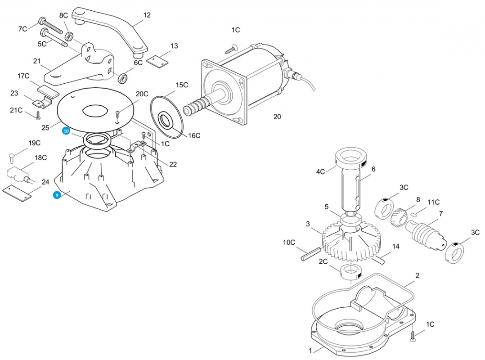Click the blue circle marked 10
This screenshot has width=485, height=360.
click(66, 131)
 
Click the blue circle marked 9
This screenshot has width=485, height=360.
click(57, 195)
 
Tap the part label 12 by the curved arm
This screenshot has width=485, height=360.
click(147, 15)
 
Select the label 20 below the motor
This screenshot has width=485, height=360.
click(277, 117)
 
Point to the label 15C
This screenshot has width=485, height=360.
click(182, 85)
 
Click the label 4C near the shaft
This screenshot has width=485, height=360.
click(320, 171)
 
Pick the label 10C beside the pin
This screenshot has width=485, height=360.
click(289, 242)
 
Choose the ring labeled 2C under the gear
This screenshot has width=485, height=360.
click(351, 272)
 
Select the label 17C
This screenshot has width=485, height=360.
click(24, 76)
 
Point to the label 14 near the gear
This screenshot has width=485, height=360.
click(396, 247)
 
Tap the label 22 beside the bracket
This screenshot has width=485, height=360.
click(173, 164)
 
